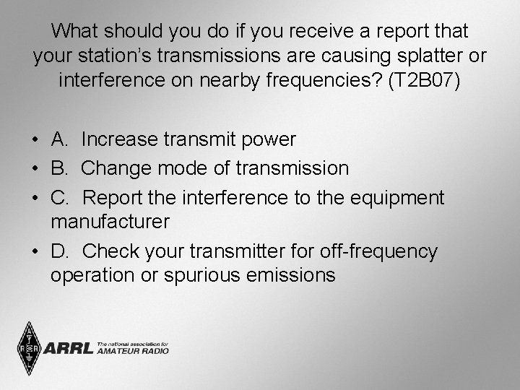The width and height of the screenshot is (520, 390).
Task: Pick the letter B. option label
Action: [60, 168]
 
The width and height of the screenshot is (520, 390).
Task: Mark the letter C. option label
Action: [60, 198]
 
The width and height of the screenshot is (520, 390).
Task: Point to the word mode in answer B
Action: [176, 168]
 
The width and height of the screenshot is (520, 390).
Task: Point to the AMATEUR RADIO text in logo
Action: [134, 351]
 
